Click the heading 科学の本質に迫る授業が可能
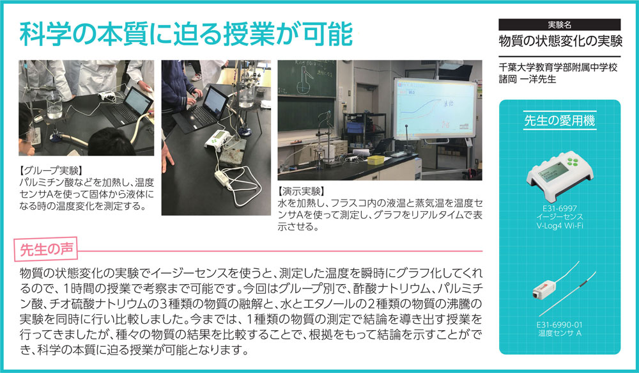coord(186,34)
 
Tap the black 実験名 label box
coord(559,25)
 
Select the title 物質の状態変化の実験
coord(560,41)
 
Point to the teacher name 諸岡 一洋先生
coord(527,79)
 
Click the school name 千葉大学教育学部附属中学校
coord(558,67)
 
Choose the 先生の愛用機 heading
coord(560,120)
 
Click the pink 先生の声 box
coord(47,248)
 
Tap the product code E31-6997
coord(560,208)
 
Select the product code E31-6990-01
coord(560,325)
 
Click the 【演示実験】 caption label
coord(301,191)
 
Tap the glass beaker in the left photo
coord(54,106)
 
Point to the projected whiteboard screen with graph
coord(435,109)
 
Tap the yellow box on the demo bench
coord(376,159)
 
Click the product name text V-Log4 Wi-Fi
coord(560,225)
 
